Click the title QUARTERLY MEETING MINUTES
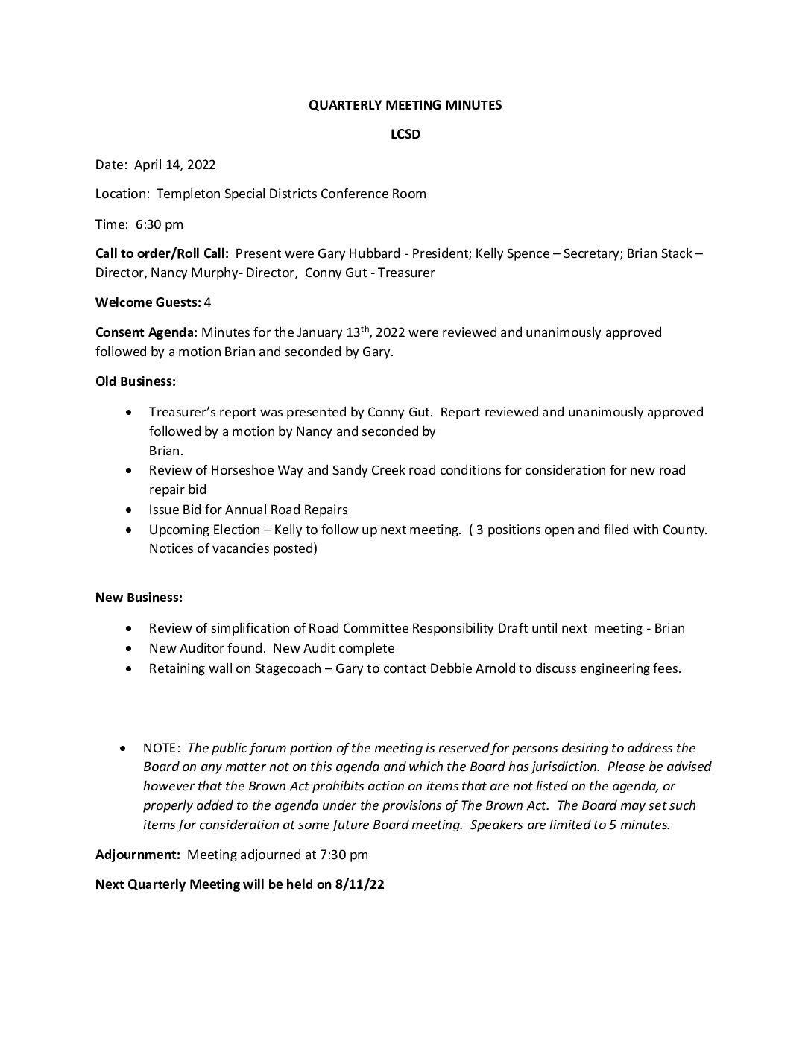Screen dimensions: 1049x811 coord(405,105)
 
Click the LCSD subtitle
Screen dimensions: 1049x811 coord(405,135)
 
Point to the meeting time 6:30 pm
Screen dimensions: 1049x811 coord(160,224)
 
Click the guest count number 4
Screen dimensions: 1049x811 coord(207,302)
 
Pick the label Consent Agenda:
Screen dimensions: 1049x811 coord(146,332)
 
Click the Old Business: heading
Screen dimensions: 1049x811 coord(136,381)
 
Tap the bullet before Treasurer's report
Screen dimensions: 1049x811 coord(131,412)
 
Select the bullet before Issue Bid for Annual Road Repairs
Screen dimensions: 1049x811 coord(131,510)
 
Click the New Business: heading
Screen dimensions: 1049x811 coord(139,598)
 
